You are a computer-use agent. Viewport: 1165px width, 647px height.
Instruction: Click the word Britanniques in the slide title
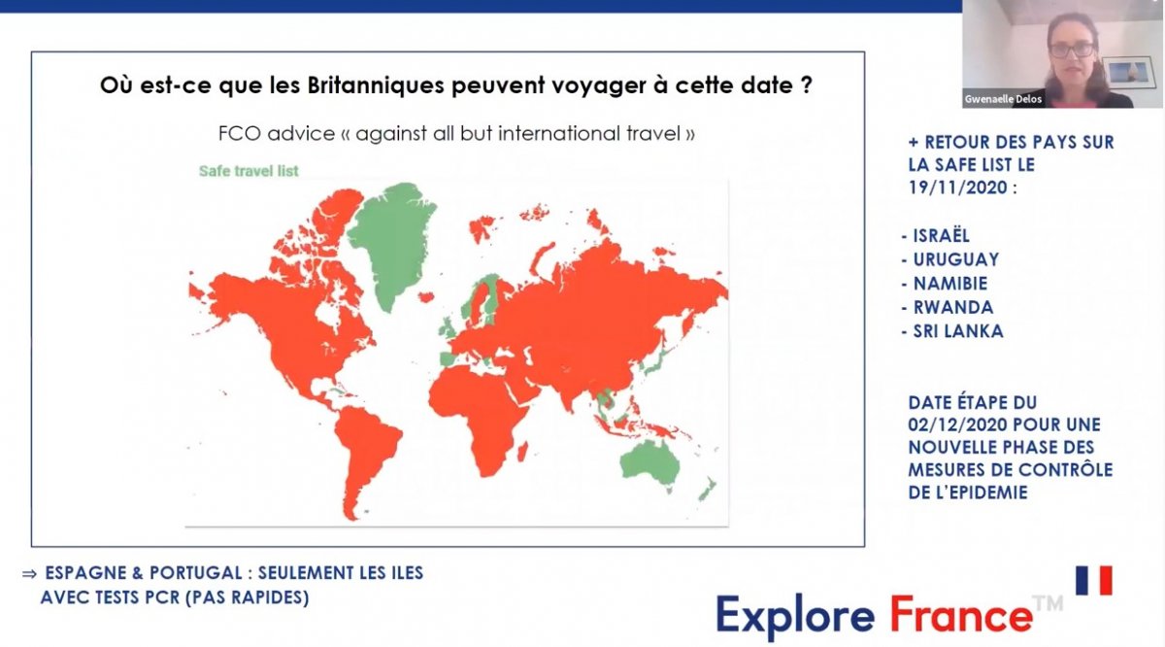[376, 85]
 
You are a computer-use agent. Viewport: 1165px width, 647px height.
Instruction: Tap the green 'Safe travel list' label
[249, 171]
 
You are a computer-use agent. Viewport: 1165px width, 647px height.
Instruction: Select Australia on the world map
[649, 464]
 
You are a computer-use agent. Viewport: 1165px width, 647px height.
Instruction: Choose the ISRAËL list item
[942, 236]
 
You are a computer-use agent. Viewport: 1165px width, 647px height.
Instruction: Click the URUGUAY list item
[956, 259]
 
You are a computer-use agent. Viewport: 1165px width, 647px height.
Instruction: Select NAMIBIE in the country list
[950, 283]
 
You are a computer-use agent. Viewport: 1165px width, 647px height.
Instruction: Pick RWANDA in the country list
[953, 307]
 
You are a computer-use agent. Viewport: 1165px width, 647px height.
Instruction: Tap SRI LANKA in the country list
[958, 331]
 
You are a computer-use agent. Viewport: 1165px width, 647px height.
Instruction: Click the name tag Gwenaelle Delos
[1003, 99]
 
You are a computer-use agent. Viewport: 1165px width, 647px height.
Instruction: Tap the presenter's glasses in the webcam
[1072, 50]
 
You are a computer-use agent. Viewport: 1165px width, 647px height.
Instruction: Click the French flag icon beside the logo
[1094, 580]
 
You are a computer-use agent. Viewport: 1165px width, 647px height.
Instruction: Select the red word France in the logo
[961, 616]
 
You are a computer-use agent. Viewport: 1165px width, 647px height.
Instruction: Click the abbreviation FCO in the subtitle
[239, 134]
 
